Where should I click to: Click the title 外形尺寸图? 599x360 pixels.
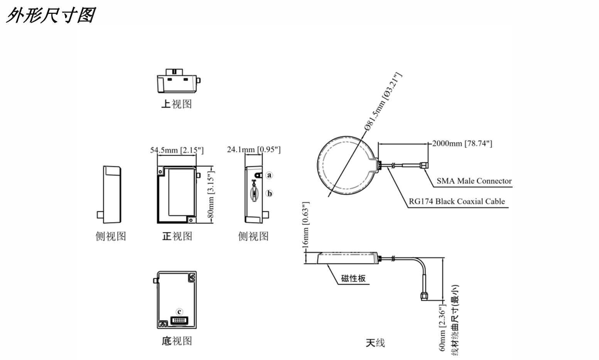point(50,15)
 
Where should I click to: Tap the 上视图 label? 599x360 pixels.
point(176,104)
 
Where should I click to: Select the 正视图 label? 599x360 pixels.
point(177,236)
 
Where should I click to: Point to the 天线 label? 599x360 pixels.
point(375,342)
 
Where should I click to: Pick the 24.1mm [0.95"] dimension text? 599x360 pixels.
point(253,150)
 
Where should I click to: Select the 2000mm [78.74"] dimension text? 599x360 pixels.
point(462,143)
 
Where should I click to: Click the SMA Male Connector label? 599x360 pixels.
point(474,181)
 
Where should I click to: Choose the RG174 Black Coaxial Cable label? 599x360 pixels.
point(457,201)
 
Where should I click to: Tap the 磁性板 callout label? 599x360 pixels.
point(353,278)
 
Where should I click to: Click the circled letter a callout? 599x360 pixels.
point(269,175)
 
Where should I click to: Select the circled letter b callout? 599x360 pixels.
point(269,193)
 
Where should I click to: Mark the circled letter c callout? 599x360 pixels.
point(179,311)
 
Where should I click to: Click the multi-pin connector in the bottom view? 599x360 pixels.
point(179,321)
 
